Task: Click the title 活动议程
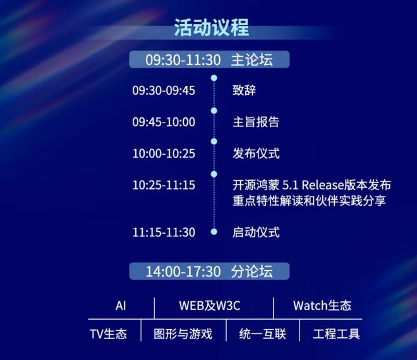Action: click(x=212, y=27)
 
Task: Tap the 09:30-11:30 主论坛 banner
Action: click(x=209, y=59)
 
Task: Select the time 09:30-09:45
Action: click(x=164, y=90)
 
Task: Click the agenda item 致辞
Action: click(x=244, y=90)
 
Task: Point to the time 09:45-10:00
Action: click(x=164, y=122)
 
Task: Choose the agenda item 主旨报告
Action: click(x=256, y=122)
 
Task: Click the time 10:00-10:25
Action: click(x=164, y=153)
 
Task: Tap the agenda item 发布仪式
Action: click(x=256, y=153)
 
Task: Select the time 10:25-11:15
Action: click(x=164, y=185)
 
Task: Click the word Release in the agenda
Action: click(x=323, y=185)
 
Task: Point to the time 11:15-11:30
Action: click(x=164, y=232)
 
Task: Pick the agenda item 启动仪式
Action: click(x=256, y=232)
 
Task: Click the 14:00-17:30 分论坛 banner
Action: click(x=209, y=271)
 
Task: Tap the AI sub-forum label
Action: click(x=121, y=306)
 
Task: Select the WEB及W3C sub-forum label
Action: click(x=210, y=306)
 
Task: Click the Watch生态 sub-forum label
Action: click(x=322, y=306)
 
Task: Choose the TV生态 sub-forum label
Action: click(x=108, y=334)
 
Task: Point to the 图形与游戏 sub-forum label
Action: click(x=183, y=334)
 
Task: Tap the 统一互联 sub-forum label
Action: click(x=262, y=334)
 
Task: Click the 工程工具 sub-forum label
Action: click(x=336, y=334)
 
